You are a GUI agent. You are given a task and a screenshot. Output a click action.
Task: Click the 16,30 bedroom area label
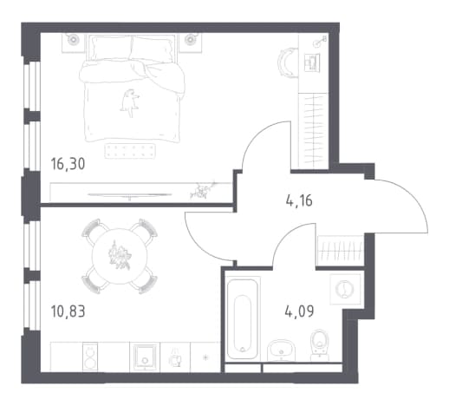tap(68, 164)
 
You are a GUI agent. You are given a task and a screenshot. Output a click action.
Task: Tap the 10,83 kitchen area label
tap(68, 311)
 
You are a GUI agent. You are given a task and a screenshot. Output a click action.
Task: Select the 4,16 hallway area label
tap(299, 200)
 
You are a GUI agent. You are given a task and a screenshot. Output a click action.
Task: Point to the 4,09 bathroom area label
tap(299, 311)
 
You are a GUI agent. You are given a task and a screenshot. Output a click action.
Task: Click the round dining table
tap(120, 256)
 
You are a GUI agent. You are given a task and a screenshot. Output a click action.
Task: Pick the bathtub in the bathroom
tap(243, 318)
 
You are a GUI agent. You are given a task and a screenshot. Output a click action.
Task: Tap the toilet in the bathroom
tap(320, 345)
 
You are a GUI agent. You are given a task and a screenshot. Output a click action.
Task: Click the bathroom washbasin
tap(281, 350)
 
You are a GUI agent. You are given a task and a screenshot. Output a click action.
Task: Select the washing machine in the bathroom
tap(345, 289)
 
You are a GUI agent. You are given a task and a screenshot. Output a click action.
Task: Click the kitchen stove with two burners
tap(90, 357)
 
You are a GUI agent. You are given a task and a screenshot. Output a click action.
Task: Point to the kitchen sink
tap(145, 357)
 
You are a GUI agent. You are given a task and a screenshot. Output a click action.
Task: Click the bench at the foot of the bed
tap(130, 151)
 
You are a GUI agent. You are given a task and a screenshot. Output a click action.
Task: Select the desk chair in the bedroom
tap(287, 62)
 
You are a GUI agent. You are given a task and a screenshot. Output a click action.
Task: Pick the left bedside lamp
tap(72, 39)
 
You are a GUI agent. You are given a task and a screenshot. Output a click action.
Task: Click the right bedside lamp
tap(190, 39)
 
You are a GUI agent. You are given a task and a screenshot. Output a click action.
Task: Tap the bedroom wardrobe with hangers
tap(313, 131)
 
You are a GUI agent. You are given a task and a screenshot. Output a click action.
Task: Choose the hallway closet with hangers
tap(341, 250)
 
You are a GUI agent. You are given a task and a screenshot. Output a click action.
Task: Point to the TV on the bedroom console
tap(129, 195)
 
